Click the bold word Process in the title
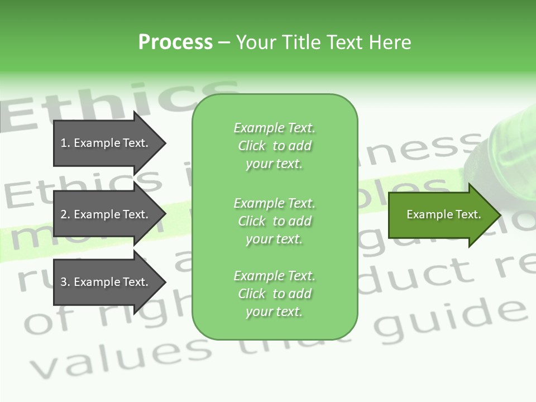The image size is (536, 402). (x=175, y=42)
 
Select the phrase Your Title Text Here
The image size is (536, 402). (x=323, y=42)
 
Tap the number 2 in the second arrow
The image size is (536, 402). (x=64, y=214)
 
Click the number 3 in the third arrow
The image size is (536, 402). (x=64, y=282)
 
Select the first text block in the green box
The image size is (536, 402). (x=274, y=146)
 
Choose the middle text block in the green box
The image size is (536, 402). (x=274, y=221)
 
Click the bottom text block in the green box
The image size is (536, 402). (x=274, y=294)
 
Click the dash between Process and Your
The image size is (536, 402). (x=224, y=42)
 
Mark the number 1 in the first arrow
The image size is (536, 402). (x=64, y=143)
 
